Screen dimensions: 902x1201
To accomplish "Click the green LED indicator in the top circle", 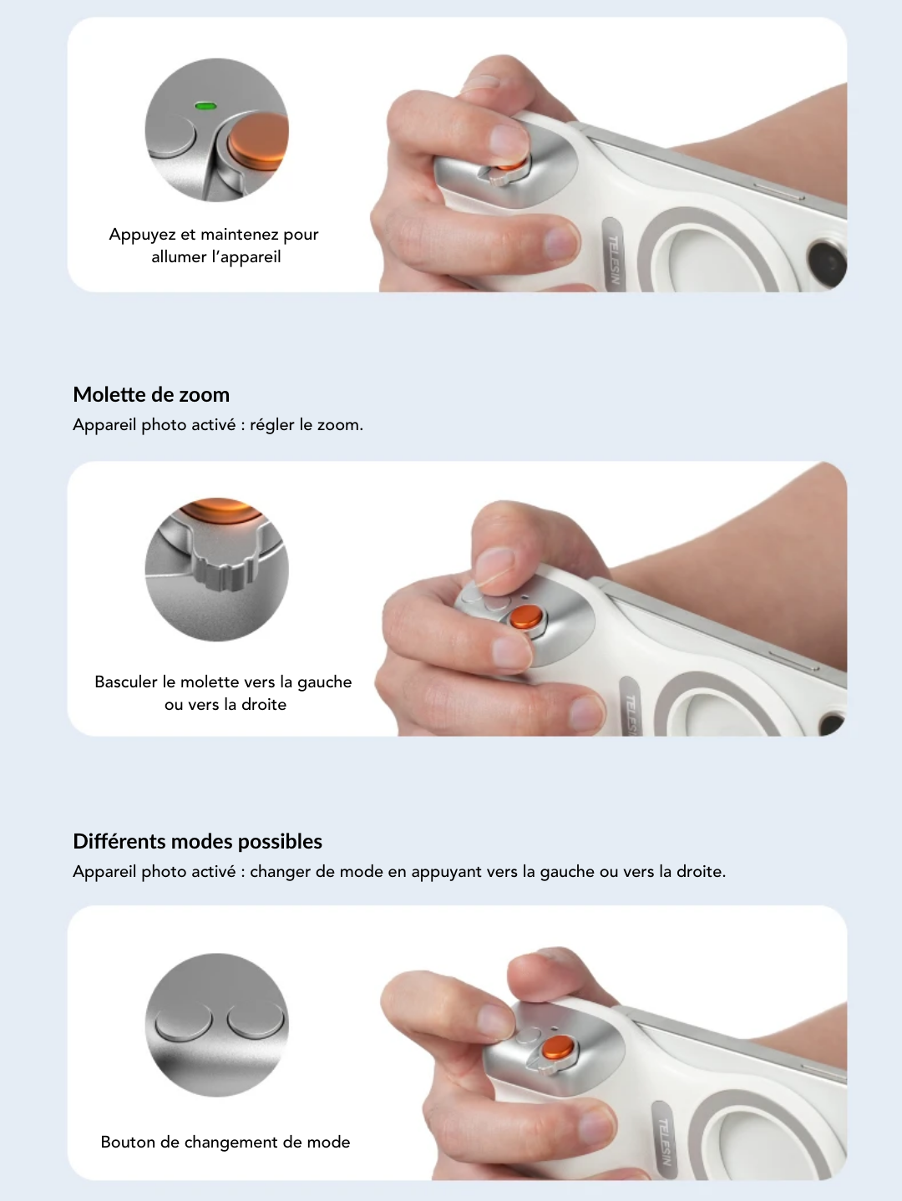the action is tap(205, 105).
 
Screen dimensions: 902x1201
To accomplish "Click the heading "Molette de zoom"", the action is tap(151, 394).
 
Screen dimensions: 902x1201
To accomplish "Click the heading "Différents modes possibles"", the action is tap(197, 841).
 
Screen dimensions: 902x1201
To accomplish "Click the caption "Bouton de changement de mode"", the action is tap(225, 1142).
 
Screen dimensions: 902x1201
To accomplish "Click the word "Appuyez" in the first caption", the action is tap(141, 234).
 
